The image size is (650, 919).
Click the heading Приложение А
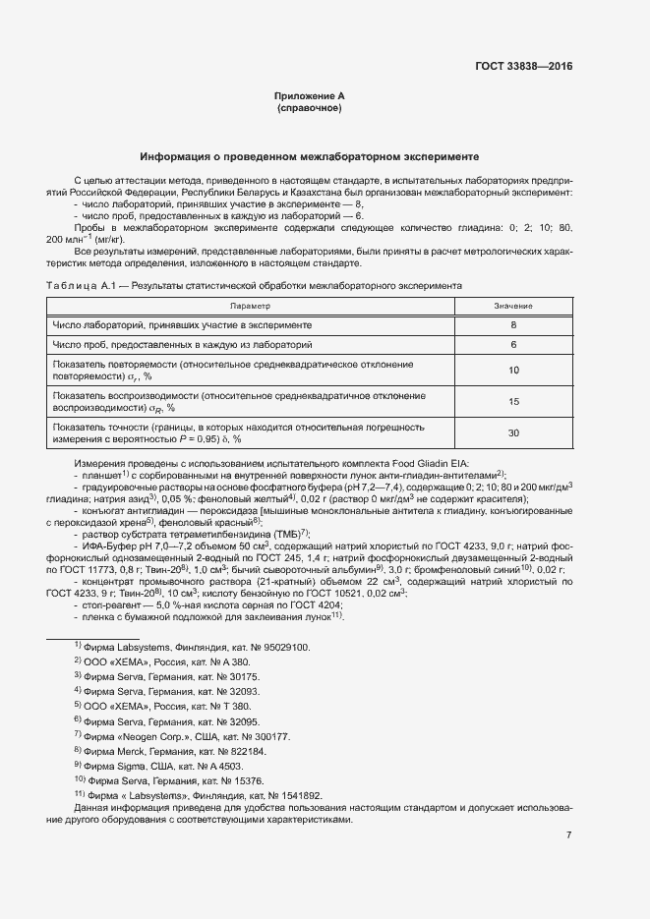coord(310,95)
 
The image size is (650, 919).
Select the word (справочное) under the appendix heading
coord(310,108)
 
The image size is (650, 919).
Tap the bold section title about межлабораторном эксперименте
coord(310,156)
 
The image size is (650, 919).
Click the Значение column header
coord(513,307)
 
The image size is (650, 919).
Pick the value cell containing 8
coord(513,324)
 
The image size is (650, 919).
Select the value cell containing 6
coord(513,346)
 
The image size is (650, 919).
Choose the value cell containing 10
coord(513,371)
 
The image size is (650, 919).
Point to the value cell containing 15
coord(513,402)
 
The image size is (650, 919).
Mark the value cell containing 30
coord(513,433)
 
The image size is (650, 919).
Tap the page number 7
coord(568,835)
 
